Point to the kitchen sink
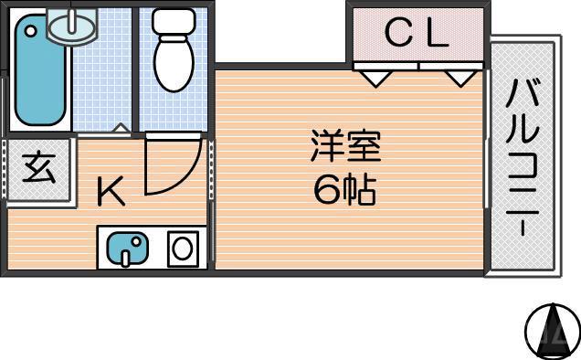click(x=128, y=249)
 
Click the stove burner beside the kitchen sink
click(x=183, y=248)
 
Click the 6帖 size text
click(x=344, y=190)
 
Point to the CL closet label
click(x=417, y=35)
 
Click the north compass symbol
click(x=551, y=328)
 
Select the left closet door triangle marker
click(x=372, y=78)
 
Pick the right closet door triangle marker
click(x=460, y=78)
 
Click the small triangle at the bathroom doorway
click(x=120, y=128)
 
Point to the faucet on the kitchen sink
click(x=137, y=245)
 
